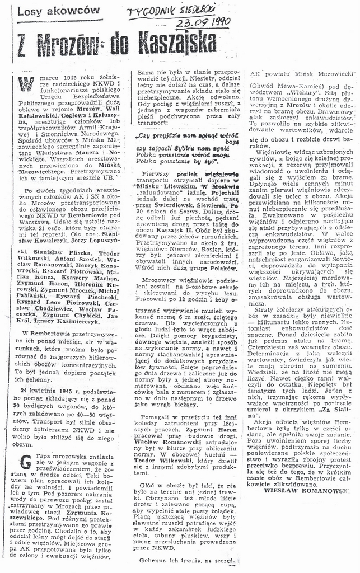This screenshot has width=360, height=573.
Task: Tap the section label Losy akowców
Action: (59, 11)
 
